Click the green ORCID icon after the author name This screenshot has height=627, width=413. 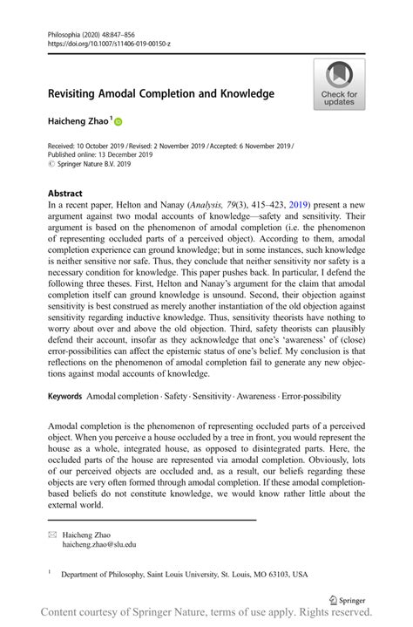118,124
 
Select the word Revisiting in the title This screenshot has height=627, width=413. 77,93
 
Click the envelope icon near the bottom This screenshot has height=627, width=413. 53,535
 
